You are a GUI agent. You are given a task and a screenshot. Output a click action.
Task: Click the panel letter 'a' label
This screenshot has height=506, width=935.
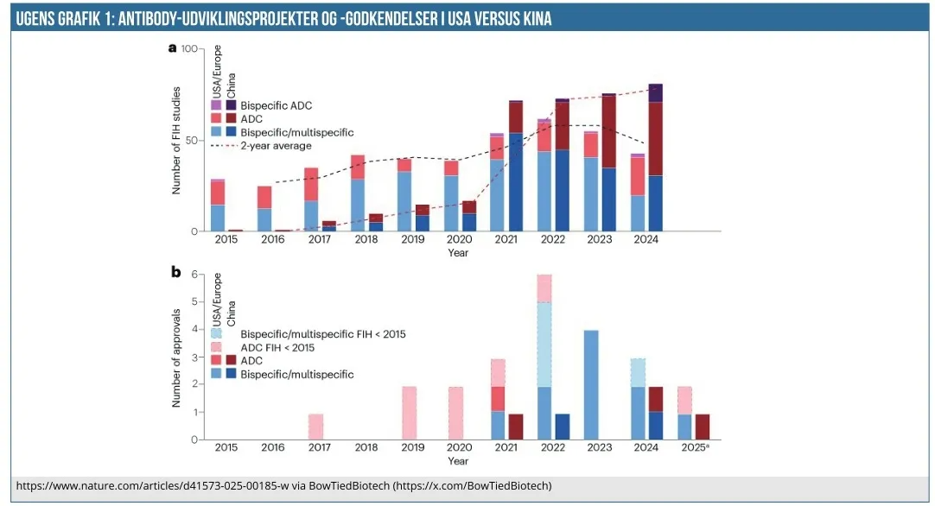point(172,48)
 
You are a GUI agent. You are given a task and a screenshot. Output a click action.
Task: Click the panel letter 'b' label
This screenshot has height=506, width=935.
point(175,273)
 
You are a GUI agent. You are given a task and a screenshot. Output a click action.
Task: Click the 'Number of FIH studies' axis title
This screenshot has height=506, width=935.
point(176,140)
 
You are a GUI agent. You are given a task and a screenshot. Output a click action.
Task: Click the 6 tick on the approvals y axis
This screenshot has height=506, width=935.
point(195,275)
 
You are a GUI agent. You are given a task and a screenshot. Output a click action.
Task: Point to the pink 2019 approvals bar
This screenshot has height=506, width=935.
point(410,413)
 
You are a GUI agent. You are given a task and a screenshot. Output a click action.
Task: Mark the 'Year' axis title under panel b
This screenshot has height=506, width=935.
point(458,462)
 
